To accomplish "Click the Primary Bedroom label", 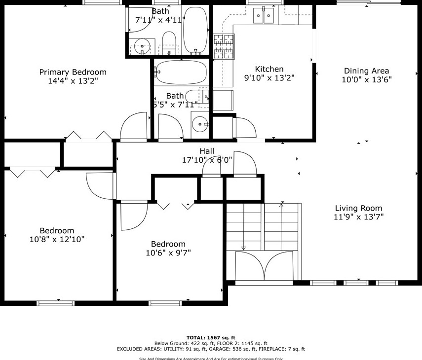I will point(73,72).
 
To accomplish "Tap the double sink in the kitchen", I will point(264,16).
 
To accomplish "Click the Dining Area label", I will point(366,71).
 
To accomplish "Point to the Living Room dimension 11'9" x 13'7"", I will point(358,216).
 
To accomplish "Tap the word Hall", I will point(207,151).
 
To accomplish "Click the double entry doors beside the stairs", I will point(265,266).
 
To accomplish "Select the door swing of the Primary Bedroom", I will point(135,126).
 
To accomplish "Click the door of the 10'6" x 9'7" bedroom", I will point(133,216).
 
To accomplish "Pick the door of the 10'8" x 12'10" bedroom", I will point(100,185).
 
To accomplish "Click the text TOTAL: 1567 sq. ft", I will point(211,337).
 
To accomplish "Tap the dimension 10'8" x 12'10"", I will point(57,239).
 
